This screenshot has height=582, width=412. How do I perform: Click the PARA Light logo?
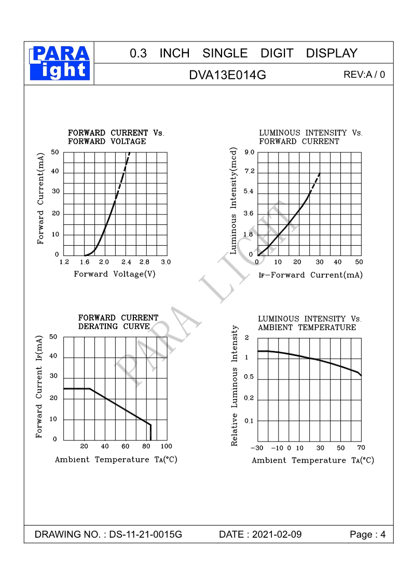pos(60,62)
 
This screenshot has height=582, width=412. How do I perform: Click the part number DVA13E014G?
pos(227,75)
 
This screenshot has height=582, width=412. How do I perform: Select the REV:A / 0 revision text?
pos(364,75)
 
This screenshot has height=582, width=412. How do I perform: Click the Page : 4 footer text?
pos(368,535)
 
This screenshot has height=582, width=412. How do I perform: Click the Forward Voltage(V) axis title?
pos(115,274)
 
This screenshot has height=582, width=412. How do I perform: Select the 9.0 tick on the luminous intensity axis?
pos(249,152)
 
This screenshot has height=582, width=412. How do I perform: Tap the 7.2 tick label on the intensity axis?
pos(249,172)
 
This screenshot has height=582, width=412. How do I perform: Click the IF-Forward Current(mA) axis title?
pos(310,275)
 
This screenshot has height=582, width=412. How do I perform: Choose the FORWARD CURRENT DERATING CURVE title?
pos(118,322)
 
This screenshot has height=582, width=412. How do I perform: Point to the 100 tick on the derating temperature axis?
pos(166,446)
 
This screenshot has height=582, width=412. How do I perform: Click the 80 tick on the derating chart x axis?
pos(146,446)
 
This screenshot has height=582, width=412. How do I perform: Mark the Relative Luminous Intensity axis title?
pos(235,386)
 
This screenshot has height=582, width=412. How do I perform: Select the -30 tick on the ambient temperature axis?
pos(257,448)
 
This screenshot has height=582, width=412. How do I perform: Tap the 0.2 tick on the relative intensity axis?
pos(249,399)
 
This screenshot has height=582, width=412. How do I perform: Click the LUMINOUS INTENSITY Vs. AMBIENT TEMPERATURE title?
pos(309,323)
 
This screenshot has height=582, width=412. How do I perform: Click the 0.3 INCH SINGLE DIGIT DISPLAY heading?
pos(243,53)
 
